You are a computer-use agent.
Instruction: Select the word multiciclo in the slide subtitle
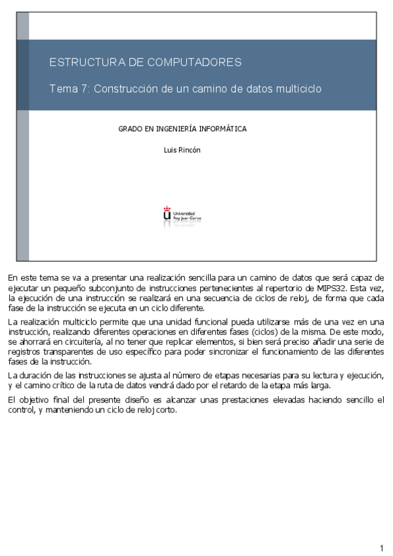point(299,89)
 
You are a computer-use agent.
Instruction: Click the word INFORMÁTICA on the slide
point(223,129)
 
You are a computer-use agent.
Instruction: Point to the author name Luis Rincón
point(182,150)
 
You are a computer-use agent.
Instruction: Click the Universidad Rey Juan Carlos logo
point(182,216)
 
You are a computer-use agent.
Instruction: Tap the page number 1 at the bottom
point(381,548)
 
